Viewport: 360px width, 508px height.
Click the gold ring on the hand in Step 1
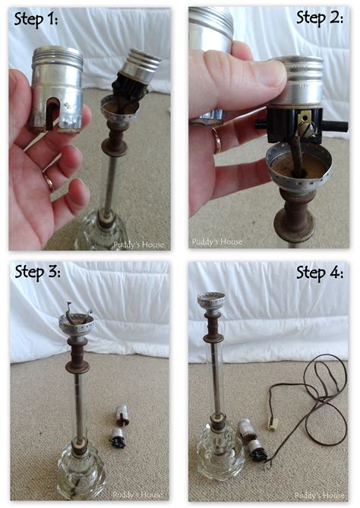click(49, 182)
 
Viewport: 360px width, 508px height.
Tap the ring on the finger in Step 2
click(216, 140)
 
